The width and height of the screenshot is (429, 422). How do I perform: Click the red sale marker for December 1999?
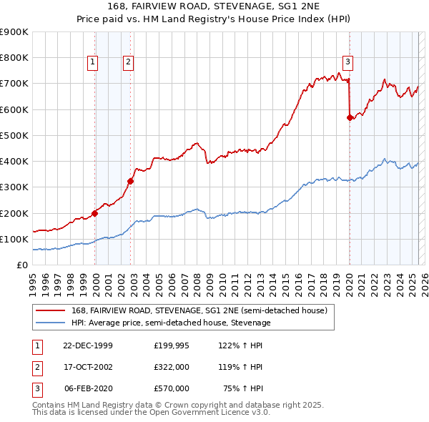coord(95,213)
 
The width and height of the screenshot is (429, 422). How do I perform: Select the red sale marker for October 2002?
coord(131,181)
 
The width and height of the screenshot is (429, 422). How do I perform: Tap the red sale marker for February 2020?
coord(350,117)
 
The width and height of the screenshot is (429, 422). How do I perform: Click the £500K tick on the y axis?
coord(15,135)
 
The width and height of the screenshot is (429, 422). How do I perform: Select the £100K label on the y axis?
coord(15,239)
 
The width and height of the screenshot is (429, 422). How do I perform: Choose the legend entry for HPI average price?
coord(170,323)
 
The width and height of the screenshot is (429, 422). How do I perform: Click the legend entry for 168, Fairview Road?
coord(199,310)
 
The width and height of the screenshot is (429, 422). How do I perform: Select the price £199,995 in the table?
coord(171,345)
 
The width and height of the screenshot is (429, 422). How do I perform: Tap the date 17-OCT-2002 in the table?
coord(88,367)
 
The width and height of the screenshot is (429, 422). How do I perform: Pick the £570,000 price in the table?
coord(171,388)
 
